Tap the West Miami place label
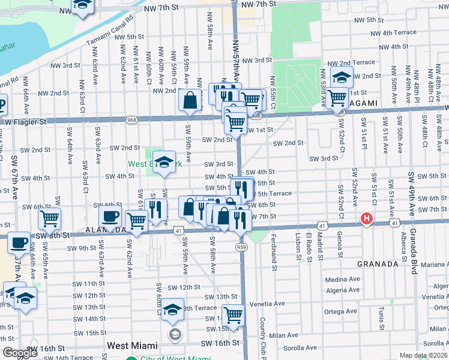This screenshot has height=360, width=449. tap(132, 346)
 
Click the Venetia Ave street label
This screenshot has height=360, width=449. tap(268, 304)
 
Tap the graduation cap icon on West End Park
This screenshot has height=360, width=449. tap(164, 162)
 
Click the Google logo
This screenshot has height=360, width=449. tap(20, 353)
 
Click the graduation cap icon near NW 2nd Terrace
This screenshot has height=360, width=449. tap(342, 77)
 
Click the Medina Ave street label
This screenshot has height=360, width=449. tap(342, 280)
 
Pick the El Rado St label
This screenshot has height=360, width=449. tap(309, 246)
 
